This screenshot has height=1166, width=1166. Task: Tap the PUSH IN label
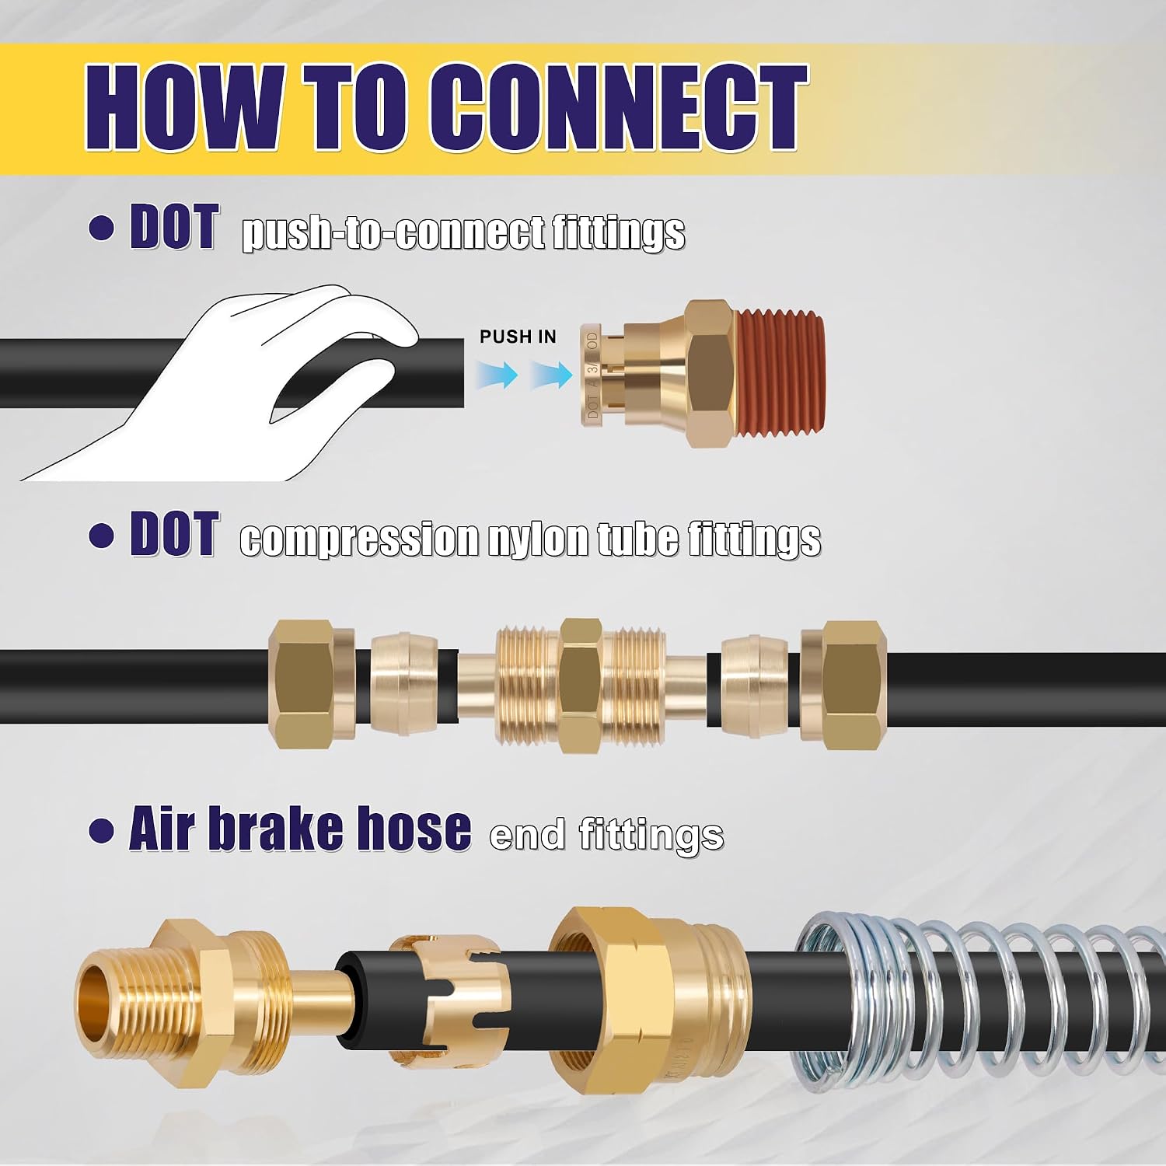pyautogui.click(x=518, y=337)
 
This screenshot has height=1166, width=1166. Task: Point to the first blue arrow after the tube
pyautogui.click(x=498, y=375)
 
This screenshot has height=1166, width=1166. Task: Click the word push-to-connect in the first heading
pyautogui.click(x=393, y=232)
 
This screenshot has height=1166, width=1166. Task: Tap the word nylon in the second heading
pyautogui.click(x=539, y=539)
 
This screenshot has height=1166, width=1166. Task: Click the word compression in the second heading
pyautogui.click(x=359, y=539)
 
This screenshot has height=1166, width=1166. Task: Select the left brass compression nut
pyautogui.click(x=312, y=685)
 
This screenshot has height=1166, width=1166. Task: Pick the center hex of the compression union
pyautogui.click(x=581, y=685)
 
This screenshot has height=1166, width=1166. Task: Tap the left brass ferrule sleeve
pyautogui.click(x=401, y=685)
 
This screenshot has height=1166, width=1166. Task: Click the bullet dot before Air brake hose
pyautogui.click(x=101, y=830)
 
